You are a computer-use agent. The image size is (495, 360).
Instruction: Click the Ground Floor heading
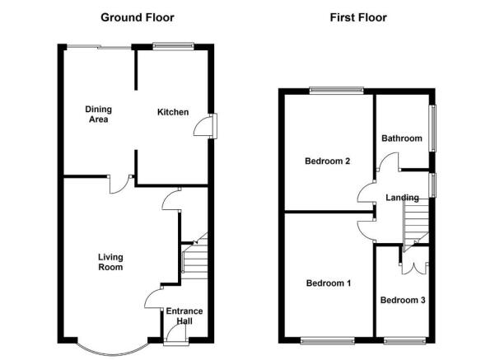[x=138, y=17]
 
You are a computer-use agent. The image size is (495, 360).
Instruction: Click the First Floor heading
[x=358, y=17]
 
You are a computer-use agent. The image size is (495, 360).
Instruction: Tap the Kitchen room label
[x=173, y=112]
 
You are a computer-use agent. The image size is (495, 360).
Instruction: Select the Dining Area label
[x=99, y=115]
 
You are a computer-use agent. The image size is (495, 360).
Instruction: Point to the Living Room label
[x=110, y=262]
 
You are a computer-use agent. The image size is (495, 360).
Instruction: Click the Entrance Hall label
[x=184, y=316]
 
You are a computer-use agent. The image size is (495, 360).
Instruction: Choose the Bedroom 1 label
[x=329, y=283]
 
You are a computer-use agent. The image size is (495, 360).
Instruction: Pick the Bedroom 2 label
[x=327, y=161]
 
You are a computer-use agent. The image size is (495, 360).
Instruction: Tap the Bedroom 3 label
[x=403, y=300]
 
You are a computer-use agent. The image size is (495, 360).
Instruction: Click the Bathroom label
[x=402, y=138]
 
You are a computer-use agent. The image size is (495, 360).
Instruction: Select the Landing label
[x=402, y=198]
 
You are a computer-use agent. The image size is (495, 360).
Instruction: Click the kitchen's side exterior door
[x=205, y=126]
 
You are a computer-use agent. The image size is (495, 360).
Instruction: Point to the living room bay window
[x=112, y=351]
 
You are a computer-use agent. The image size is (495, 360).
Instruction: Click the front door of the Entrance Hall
[x=176, y=335]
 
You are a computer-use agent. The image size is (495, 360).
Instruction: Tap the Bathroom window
[x=432, y=129]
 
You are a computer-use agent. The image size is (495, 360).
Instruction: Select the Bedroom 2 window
[x=337, y=91]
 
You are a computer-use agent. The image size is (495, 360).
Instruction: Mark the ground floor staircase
[x=195, y=255]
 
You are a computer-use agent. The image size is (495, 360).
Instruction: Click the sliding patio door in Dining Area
[x=99, y=47]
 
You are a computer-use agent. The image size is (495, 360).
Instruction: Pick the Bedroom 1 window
[x=328, y=341]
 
